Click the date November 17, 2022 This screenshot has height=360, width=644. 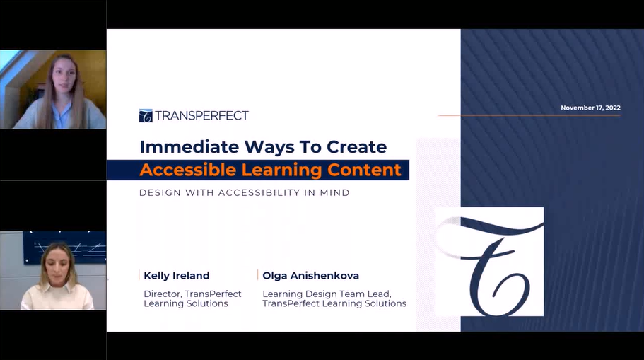(x=590, y=108)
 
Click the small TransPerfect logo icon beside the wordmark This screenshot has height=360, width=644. (x=146, y=116)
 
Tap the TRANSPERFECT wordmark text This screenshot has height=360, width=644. (x=201, y=115)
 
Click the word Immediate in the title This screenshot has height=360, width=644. (x=189, y=146)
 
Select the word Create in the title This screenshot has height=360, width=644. (x=356, y=146)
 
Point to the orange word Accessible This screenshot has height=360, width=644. (x=188, y=170)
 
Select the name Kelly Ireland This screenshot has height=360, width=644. (x=177, y=275)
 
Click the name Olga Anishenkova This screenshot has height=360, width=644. (x=311, y=275)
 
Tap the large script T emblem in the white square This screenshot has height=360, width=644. (x=490, y=262)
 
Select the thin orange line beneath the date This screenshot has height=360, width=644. (x=529, y=115)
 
